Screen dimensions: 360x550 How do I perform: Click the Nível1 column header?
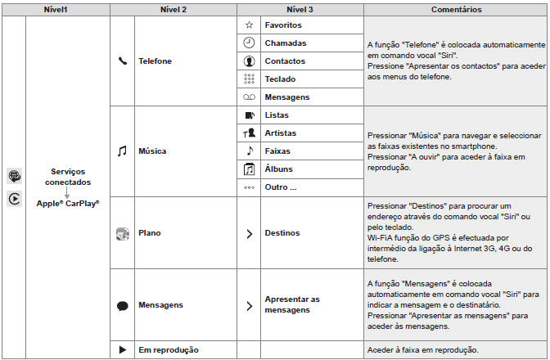[55, 10]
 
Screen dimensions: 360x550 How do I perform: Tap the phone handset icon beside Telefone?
[123, 61]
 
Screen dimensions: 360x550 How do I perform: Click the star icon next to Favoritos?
[249, 25]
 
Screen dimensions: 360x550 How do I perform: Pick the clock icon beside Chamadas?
[249, 43]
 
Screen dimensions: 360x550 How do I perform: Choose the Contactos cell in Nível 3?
[285, 61]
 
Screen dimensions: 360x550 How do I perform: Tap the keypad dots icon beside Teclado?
[249, 79]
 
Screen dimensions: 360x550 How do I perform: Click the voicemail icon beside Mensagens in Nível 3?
[249, 97]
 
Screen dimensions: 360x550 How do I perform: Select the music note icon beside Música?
[123, 151]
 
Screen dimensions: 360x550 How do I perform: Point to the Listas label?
[277, 115]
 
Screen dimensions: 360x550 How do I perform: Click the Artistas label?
[281, 133]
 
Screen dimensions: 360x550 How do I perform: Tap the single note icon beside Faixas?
[249, 151]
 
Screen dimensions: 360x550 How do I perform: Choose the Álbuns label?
[279, 169]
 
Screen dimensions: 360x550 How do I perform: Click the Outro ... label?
[280, 187]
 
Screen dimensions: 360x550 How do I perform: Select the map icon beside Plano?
[123, 233]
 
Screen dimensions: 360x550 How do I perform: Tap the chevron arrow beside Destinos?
[249, 233]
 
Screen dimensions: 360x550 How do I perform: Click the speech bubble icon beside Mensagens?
[123, 305]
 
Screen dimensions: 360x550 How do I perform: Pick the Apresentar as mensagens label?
[291, 305]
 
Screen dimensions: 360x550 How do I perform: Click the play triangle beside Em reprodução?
[123, 349]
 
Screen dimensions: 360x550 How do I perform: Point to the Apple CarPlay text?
[68, 202]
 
